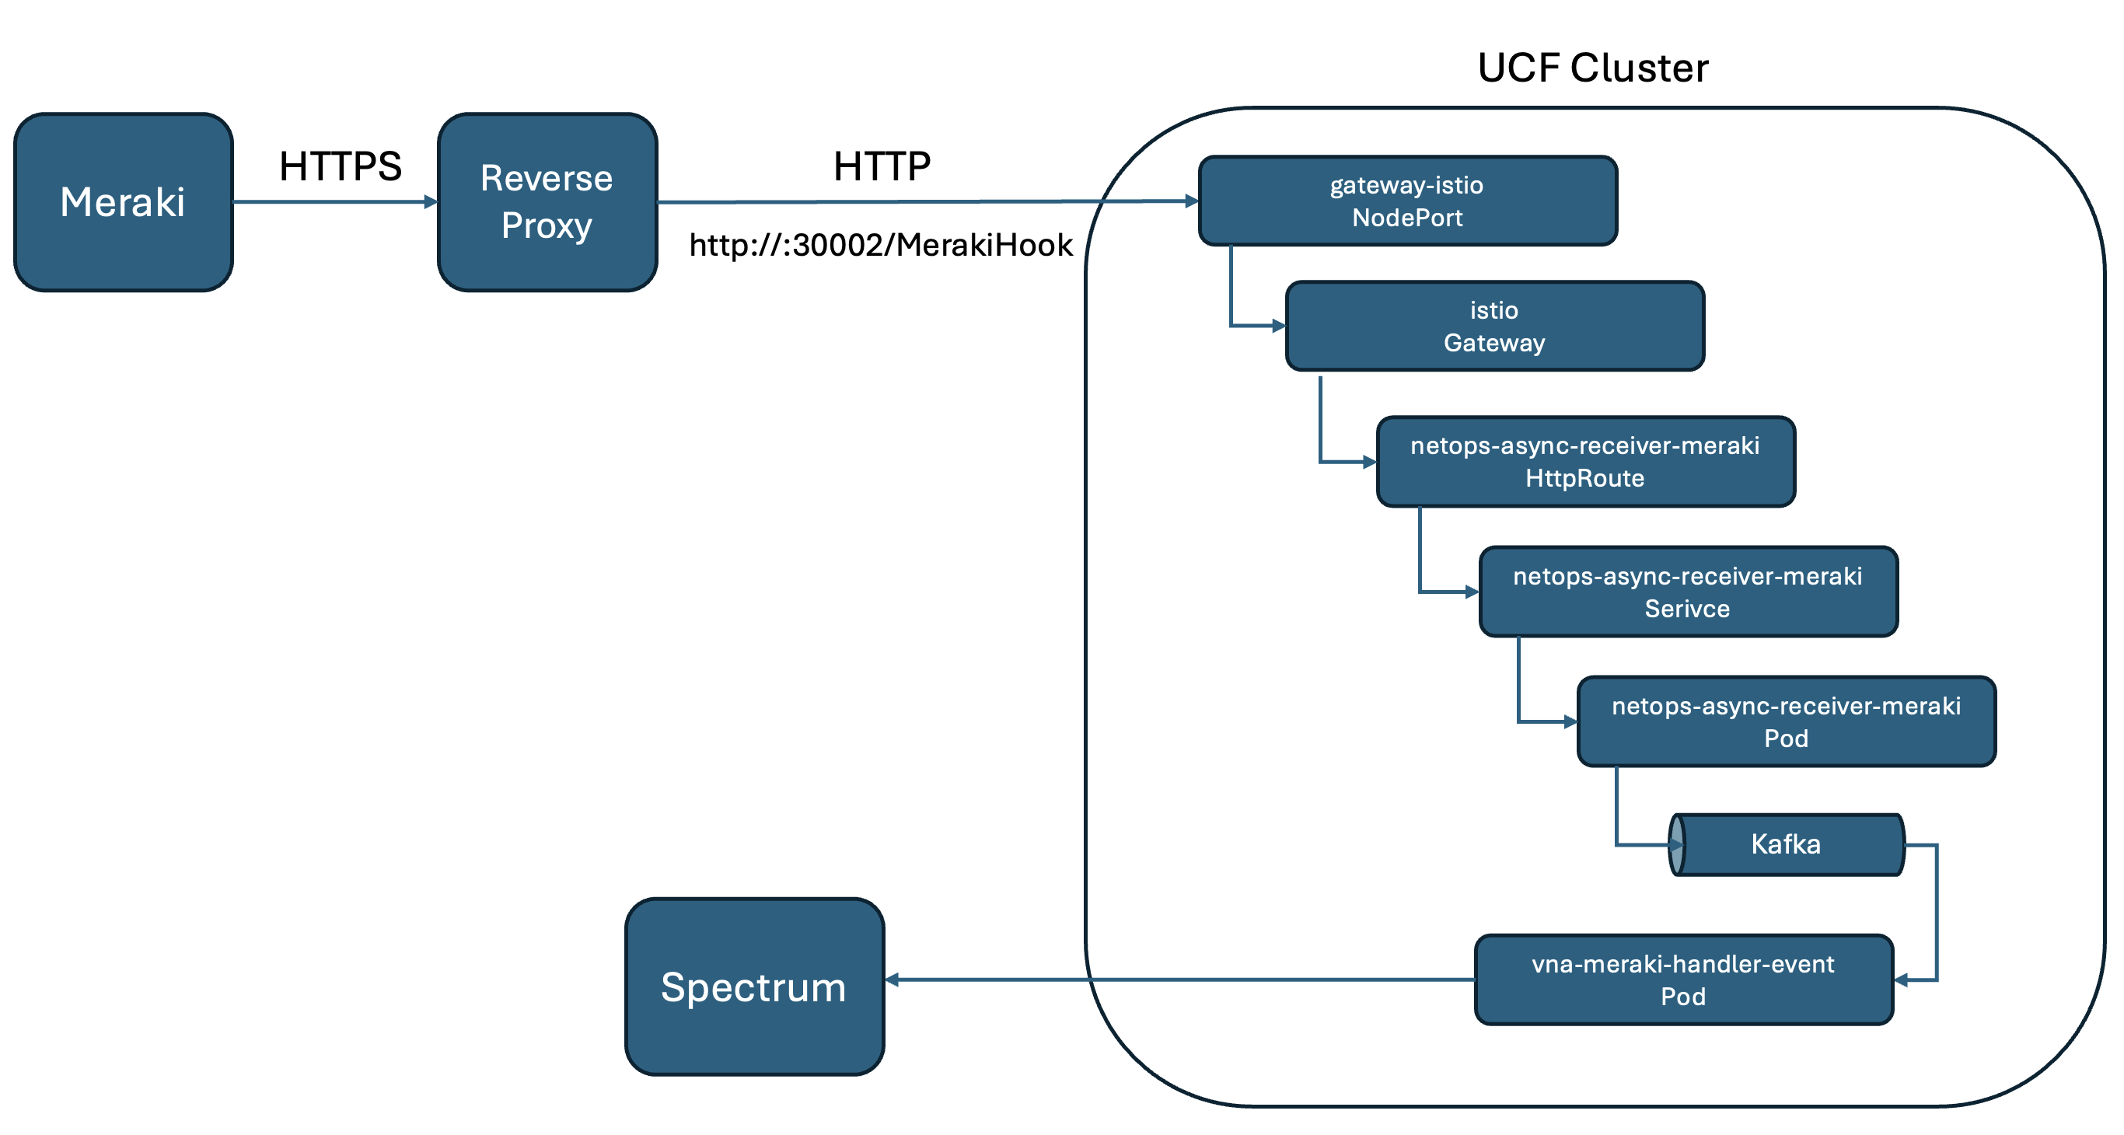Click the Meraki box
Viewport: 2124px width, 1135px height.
click(124, 202)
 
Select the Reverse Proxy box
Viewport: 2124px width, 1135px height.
click(547, 202)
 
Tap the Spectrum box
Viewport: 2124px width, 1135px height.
click(754, 987)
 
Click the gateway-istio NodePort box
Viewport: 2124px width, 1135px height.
click(1407, 201)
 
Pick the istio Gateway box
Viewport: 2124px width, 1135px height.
click(1495, 327)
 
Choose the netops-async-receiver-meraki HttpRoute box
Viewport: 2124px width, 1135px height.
click(1585, 462)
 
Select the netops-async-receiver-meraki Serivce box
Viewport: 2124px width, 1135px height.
click(1688, 592)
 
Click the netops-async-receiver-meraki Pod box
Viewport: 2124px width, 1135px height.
click(1786, 722)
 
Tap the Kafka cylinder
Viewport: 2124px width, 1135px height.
click(1786, 845)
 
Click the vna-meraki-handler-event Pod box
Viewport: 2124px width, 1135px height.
click(1684, 980)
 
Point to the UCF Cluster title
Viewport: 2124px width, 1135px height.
click(1593, 68)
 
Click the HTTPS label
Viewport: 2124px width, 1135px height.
click(341, 166)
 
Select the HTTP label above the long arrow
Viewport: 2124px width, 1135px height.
click(882, 166)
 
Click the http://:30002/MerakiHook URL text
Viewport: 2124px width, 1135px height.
click(881, 245)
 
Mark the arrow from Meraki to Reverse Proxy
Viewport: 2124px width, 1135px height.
click(336, 202)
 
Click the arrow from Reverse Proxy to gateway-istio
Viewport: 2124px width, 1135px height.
click(928, 201)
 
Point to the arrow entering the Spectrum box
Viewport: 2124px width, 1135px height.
click(1180, 980)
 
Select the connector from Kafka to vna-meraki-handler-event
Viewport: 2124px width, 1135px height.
click(1936, 913)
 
